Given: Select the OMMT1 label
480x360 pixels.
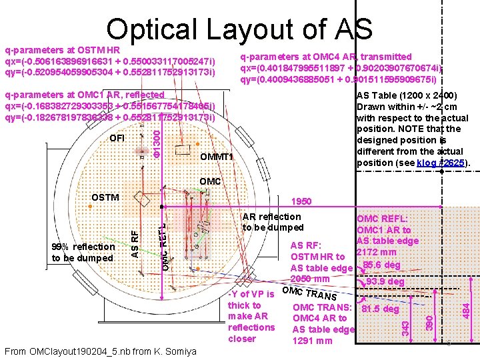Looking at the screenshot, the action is pyautogui.click(x=217, y=157).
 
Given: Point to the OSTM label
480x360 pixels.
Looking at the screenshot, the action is pyautogui.click(x=105, y=197).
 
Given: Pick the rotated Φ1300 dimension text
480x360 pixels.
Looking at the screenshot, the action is pyautogui.click(x=155, y=143).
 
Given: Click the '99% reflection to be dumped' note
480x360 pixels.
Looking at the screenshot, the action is pyautogui.click(x=83, y=252).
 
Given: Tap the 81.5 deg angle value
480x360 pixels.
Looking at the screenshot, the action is pyautogui.click(x=379, y=309).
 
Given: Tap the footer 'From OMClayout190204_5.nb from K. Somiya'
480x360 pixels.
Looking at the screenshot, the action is pyautogui.click(x=100, y=351).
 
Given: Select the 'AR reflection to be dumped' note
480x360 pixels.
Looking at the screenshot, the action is pyautogui.click(x=273, y=222).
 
